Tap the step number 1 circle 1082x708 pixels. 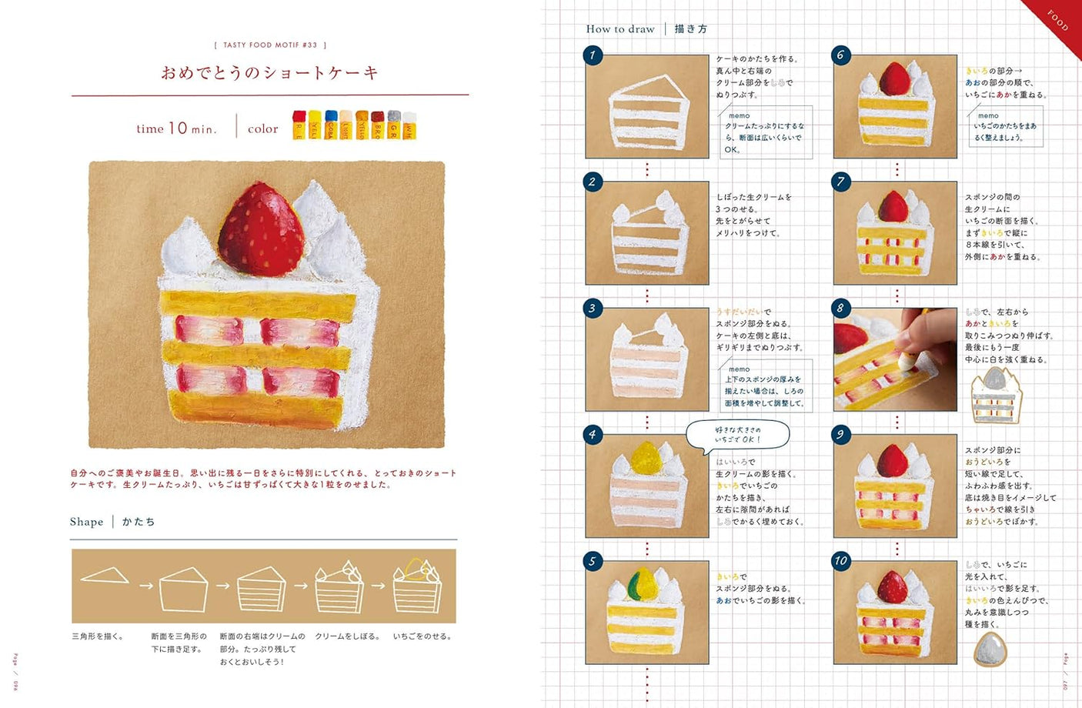click(x=592, y=55)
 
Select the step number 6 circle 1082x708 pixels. click(x=840, y=55)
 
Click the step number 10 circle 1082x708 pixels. click(x=840, y=561)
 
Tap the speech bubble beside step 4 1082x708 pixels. click(x=737, y=435)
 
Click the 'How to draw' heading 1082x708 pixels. click(x=620, y=29)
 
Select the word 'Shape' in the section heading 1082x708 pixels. click(x=86, y=522)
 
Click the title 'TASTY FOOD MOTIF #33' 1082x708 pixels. click(x=270, y=45)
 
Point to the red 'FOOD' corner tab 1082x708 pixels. click(x=1059, y=19)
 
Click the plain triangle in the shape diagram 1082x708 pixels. click(x=105, y=575)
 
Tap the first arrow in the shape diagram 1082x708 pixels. click(x=145, y=586)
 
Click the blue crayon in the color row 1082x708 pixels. click(x=331, y=125)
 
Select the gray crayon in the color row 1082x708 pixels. click(x=394, y=125)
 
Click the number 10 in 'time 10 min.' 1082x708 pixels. click(x=178, y=128)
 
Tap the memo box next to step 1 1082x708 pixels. click(x=766, y=132)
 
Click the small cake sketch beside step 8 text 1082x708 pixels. click(x=997, y=396)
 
